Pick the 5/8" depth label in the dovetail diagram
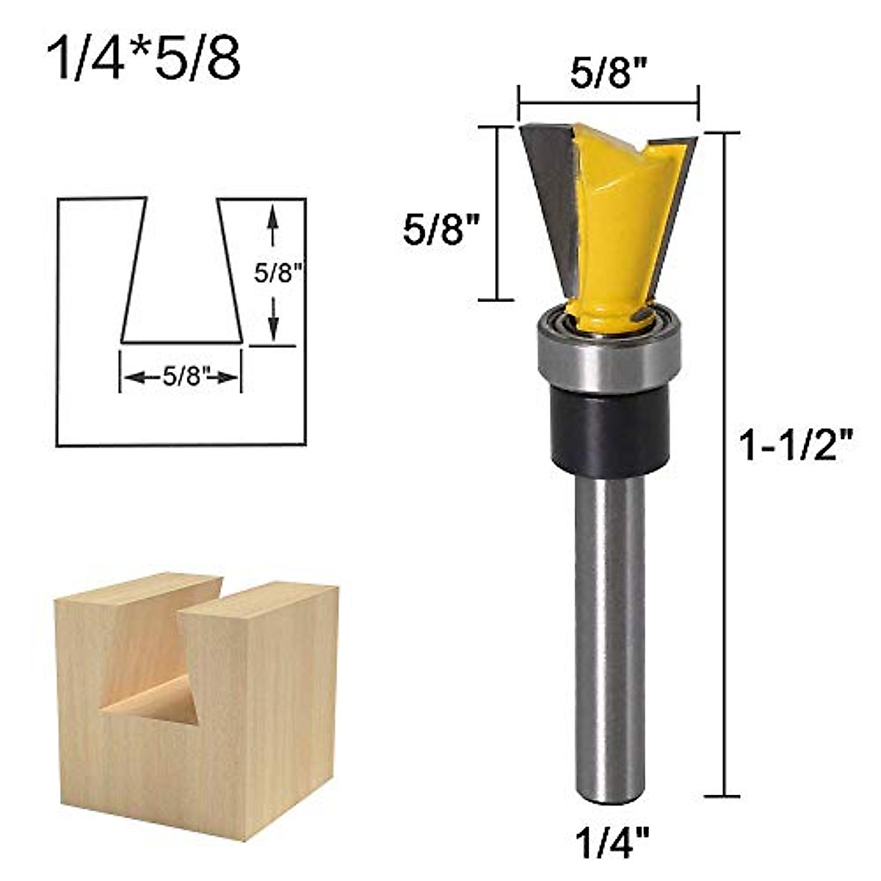pyautogui.click(x=278, y=274)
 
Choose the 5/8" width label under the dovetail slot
pyautogui.click(x=181, y=377)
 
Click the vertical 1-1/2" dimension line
pyautogui.click(x=727, y=463)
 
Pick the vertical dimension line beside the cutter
pyautogui.click(x=500, y=213)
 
